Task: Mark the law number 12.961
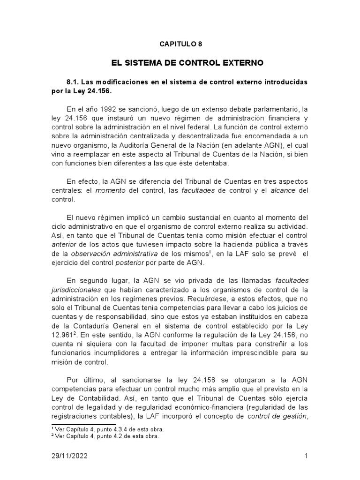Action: [64, 335]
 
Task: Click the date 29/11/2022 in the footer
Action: [69, 456]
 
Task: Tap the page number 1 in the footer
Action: [306, 456]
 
